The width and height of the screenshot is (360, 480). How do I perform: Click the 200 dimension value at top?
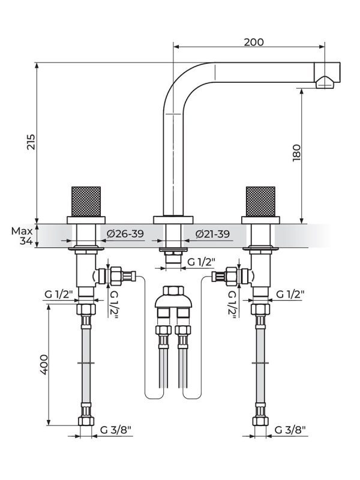point(254,42)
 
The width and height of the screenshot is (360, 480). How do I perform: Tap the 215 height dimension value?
point(32,142)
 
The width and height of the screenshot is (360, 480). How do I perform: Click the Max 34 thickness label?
point(23,236)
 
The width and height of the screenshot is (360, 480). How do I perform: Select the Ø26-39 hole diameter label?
point(125,234)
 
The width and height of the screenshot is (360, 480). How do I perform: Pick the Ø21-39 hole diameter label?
point(212,234)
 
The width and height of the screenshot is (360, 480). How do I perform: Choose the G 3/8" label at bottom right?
point(290,430)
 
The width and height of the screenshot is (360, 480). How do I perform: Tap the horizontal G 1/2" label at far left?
point(58,293)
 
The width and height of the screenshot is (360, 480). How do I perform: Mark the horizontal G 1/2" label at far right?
point(290,293)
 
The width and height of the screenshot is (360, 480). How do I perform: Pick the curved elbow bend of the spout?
point(180,84)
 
